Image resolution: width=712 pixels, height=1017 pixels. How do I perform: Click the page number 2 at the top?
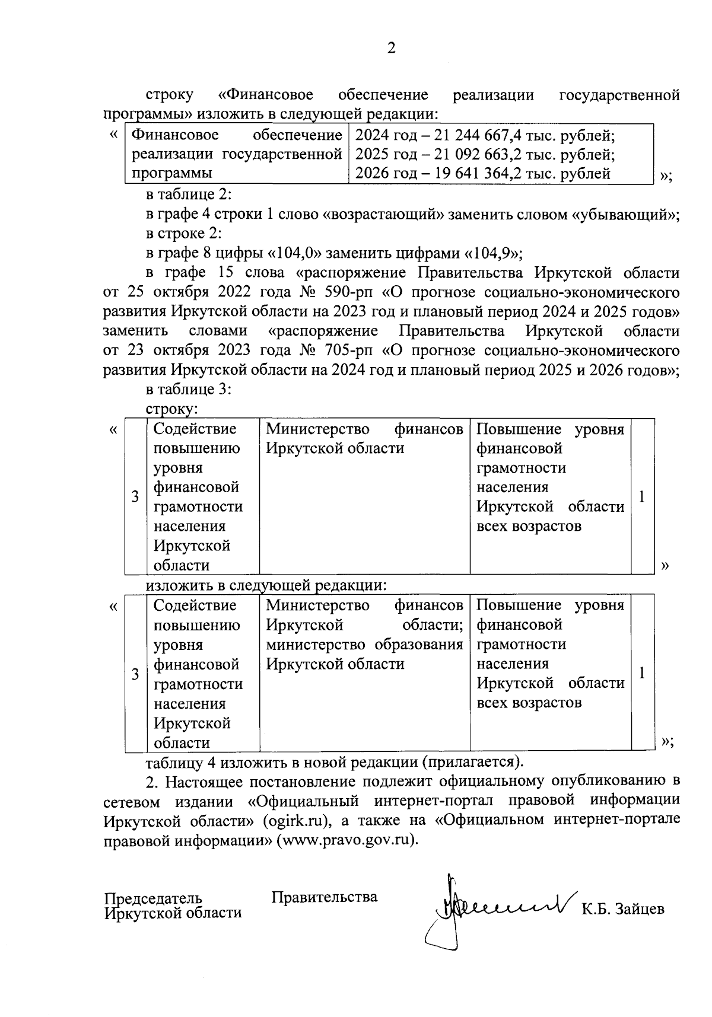point(391,49)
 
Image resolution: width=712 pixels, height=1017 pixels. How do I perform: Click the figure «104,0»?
point(295,253)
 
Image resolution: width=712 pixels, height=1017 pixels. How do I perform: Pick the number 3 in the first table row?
point(135,497)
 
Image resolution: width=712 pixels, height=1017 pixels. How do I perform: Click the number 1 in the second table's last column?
point(642,672)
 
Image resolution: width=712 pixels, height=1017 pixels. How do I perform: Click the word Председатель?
point(153,898)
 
